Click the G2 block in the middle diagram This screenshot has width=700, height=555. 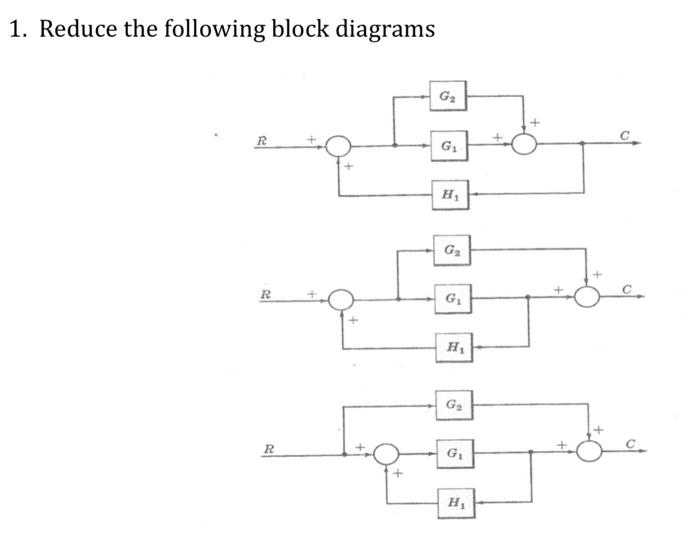[x=449, y=248]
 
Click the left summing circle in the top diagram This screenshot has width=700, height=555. [x=340, y=147]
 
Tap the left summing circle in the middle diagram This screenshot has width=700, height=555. [x=342, y=298]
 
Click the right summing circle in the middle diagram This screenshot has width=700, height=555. [x=590, y=297]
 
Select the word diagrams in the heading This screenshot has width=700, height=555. [x=386, y=29]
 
